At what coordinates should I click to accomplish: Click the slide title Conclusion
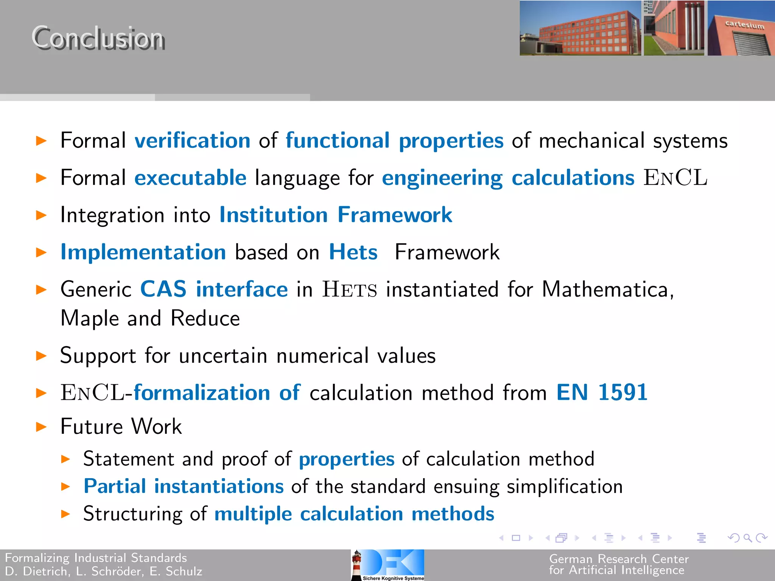pos(98,38)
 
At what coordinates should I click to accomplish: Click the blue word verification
pos(193,141)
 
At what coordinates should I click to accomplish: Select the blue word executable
pos(190,178)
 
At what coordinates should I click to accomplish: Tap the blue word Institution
pos(273,215)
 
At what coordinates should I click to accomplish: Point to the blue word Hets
pos(353,252)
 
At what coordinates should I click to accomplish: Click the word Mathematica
pos(607,290)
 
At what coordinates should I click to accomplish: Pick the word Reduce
pos(205,318)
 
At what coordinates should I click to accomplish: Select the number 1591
pos(623,392)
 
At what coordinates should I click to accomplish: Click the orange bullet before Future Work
pos(41,427)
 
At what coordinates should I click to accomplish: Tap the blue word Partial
pos(115,486)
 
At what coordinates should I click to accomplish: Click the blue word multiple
pos(253,514)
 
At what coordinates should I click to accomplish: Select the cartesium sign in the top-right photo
pos(744,25)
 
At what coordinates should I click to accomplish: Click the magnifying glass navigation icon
pos(747,538)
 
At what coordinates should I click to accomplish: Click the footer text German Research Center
pos(619,559)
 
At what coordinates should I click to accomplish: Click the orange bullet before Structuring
pos(65,514)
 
